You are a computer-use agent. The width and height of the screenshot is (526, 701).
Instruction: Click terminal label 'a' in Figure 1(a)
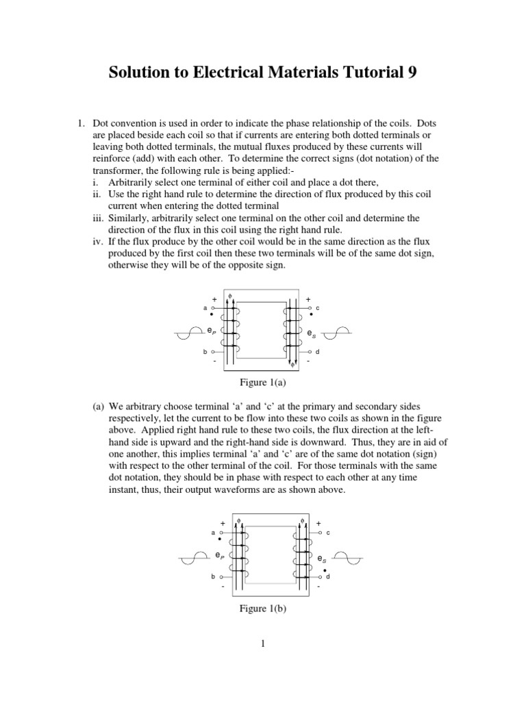coord(205,309)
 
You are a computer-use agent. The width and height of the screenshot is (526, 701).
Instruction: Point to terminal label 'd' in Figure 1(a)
coord(317,352)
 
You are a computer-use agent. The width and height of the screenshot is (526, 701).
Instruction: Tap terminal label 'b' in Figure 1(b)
coord(213,577)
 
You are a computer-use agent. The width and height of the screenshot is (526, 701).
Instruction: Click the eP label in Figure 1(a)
coord(210,331)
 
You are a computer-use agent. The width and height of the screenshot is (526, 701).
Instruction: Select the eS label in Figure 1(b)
coord(322,559)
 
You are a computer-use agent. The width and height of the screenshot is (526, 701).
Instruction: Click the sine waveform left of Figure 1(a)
coord(184,333)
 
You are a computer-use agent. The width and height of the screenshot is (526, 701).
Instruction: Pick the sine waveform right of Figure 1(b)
coord(355,557)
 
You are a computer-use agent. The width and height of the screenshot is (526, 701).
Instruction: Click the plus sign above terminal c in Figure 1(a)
coord(308,300)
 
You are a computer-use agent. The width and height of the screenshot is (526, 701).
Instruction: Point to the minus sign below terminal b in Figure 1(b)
coord(223,587)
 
